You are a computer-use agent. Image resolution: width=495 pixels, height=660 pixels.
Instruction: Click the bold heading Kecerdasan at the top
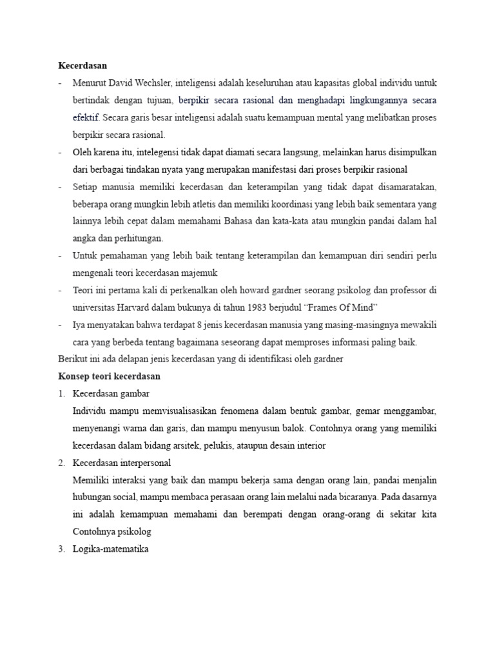(x=82, y=66)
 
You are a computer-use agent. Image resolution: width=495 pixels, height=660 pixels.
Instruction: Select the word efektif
(x=85, y=118)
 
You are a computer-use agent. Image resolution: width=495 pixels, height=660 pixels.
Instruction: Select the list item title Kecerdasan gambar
(x=111, y=394)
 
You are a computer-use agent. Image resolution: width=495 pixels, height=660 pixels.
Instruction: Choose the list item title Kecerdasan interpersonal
(x=122, y=463)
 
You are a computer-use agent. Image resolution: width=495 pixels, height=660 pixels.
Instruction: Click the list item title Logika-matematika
(x=111, y=550)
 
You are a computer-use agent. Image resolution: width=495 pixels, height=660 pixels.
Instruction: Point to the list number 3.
(x=61, y=550)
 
